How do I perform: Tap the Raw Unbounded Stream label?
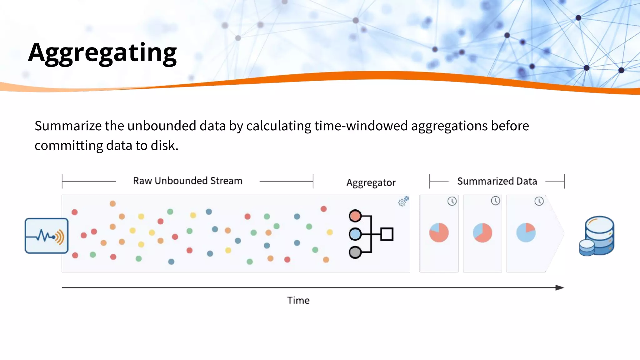pyautogui.click(x=187, y=181)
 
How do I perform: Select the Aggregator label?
pyautogui.click(x=371, y=182)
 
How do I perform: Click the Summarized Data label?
pyautogui.click(x=497, y=181)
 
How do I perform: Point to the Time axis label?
pyautogui.click(x=298, y=300)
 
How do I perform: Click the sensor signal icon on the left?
pyautogui.click(x=47, y=236)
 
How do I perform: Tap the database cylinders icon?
pyautogui.click(x=597, y=236)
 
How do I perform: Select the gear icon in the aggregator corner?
pyautogui.click(x=403, y=202)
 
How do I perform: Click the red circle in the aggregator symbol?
pyautogui.click(x=355, y=216)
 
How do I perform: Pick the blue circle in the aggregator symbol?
pyautogui.click(x=355, y=234)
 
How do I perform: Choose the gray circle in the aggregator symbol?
pyautogui.click(x=355, y=252)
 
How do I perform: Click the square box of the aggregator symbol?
pyautogui.click(x=387, y=234)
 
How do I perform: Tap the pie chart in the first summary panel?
pyautogui.click(x=439, y=232)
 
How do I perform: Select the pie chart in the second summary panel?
pyautogui.click(x=482, y=232)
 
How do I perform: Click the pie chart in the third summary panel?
pyautogui.click(x=526, y=232)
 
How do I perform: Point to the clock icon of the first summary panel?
pyautogui.click(x=452, y=201)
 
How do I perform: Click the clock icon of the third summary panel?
pyautogui.click(x=539, y=201)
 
